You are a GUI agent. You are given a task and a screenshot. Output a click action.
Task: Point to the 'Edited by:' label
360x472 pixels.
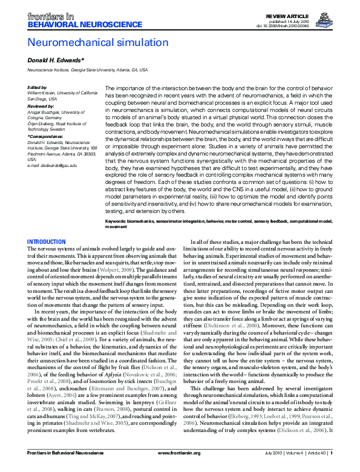(x=38, y=88)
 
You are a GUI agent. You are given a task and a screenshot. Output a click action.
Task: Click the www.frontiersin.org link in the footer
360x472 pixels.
(x=179, y=468)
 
